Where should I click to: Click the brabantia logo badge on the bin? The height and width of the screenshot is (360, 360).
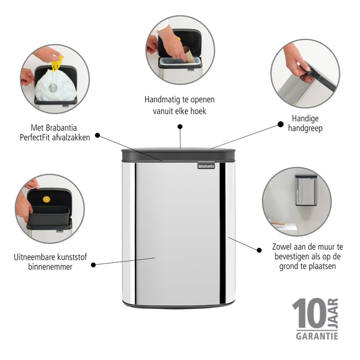[x=207, y=166]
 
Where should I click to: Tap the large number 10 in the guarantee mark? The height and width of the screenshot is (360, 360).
[x=309, y=314]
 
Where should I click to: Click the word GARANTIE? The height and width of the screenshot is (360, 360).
[x=316, y=336]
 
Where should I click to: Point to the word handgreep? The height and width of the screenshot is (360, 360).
[x=305, y=128]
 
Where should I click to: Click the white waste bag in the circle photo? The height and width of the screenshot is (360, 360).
[x=56, y=85]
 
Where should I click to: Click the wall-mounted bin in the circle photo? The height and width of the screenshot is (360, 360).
[x=305, y=190]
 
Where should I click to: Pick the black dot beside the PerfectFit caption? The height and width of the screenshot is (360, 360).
[x=98, y=136]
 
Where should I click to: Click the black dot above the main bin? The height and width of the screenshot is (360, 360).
[x=180, y=126]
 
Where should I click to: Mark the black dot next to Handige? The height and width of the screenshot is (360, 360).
[x=280, y=124]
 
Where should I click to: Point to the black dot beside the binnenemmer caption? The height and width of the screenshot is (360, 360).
[x=94, y=265]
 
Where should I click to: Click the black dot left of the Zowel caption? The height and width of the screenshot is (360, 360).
[x=258, y=249]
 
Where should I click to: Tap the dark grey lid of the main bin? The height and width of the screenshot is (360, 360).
[x=178, y=154]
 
